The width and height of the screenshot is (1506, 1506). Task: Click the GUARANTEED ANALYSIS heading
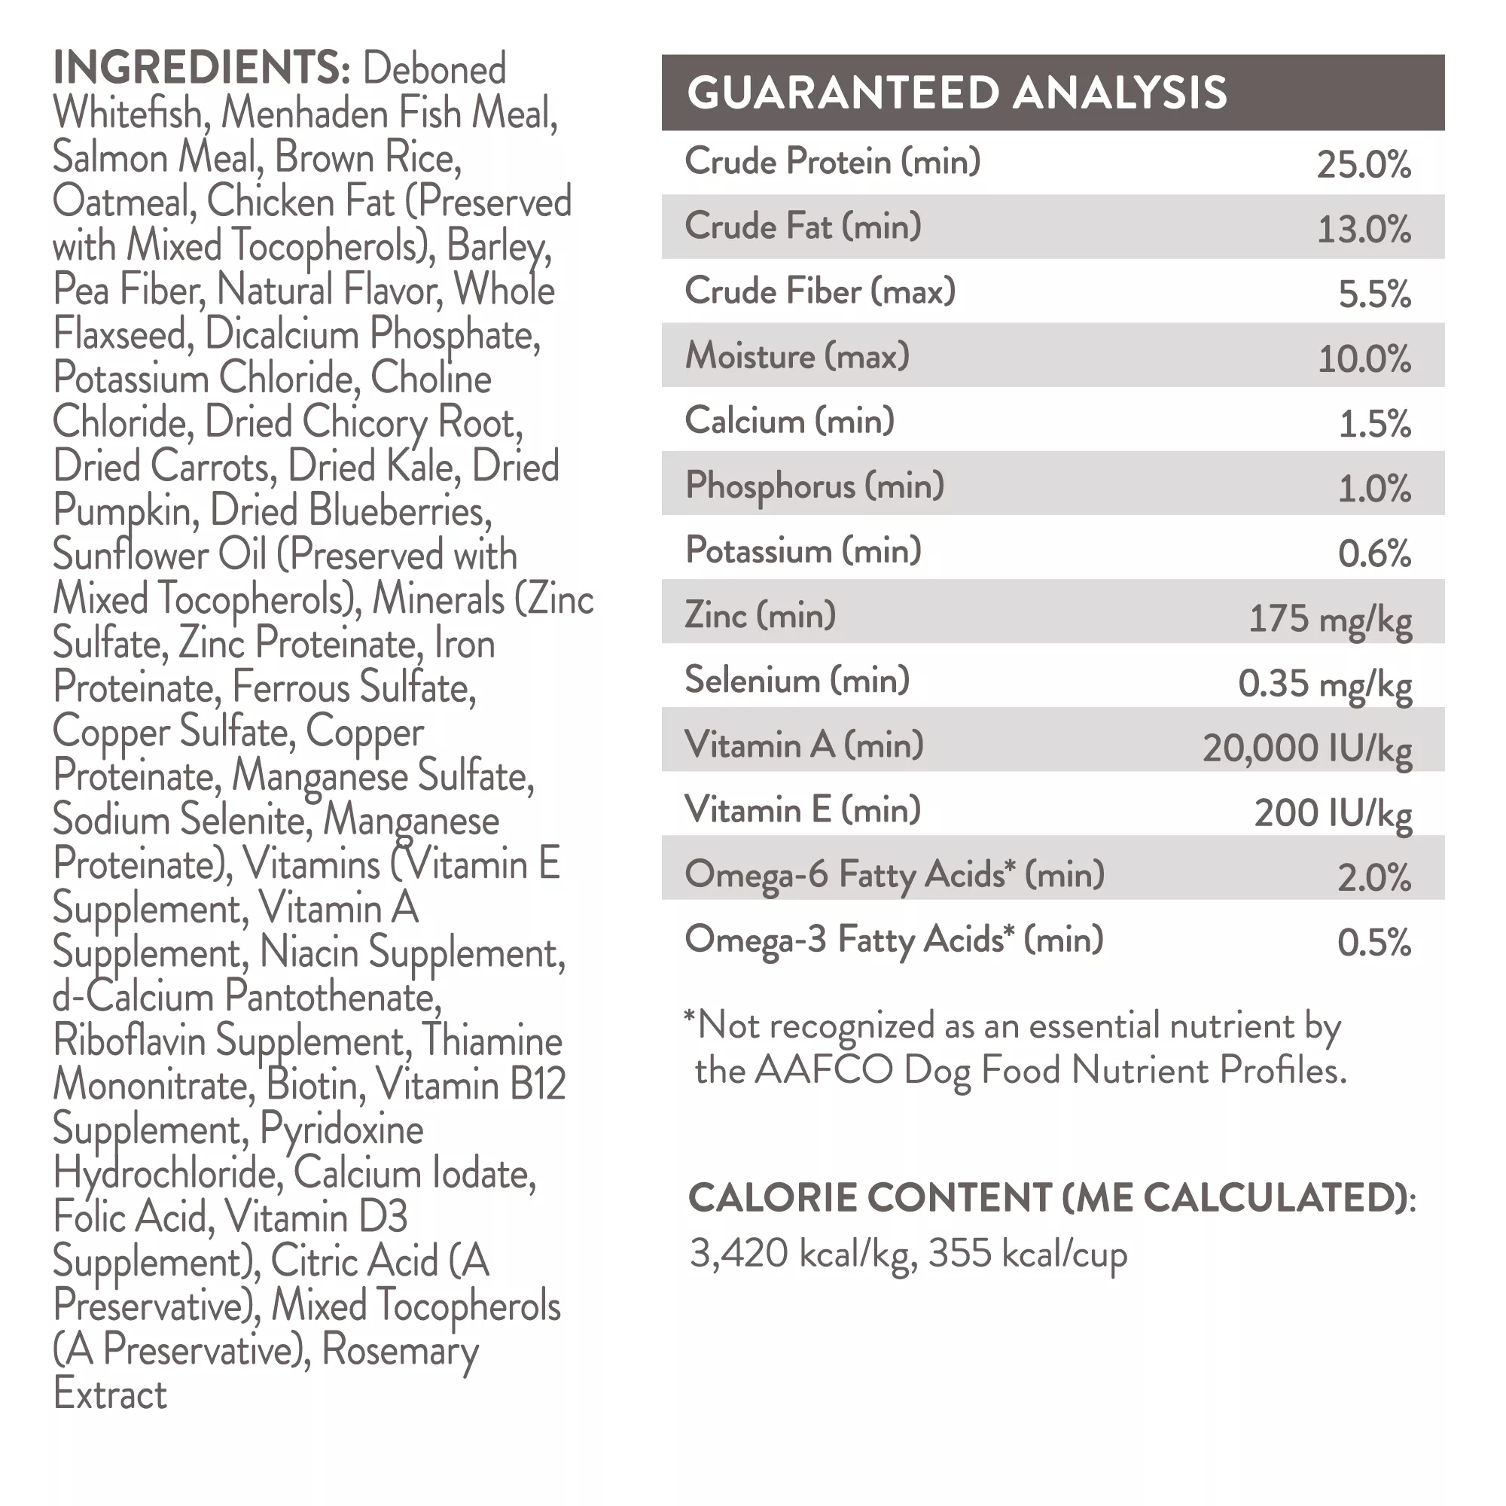(956, 93)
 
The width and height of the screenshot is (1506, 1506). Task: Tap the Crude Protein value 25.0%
(1364, 164)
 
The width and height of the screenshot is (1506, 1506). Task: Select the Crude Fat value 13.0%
(1364, 229)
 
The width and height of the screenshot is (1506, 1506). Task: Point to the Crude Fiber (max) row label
(820, 291)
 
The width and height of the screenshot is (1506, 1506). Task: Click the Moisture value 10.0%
(1364, 358)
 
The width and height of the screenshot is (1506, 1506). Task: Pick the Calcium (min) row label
(790, 421)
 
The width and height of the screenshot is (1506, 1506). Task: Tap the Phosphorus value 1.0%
(1374, 488)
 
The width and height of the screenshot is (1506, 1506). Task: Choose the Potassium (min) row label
(803, 550)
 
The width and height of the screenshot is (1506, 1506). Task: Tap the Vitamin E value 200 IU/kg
(1332, 813)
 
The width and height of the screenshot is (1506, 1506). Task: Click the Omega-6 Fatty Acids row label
(894, 874)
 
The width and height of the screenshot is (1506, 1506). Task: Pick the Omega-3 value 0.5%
(1374, 943)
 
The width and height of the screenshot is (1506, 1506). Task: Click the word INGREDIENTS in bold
(201, 68)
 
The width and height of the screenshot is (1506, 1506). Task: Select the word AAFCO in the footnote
(823, 1070)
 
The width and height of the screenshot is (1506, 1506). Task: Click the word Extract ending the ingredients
(110, 1395)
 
